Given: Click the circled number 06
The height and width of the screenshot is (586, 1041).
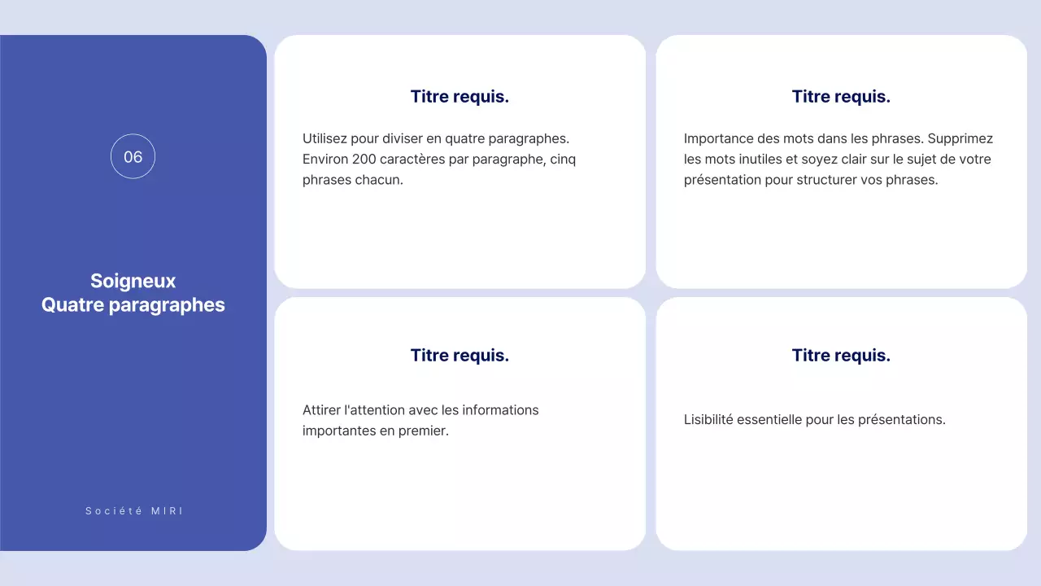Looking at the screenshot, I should pos(133,156).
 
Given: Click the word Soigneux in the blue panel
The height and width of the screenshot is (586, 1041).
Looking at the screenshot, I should pos(133,281).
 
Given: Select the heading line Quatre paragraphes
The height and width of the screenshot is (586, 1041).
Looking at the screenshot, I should pos(133,305).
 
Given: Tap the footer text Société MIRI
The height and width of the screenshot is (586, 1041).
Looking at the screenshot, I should pos(134,511).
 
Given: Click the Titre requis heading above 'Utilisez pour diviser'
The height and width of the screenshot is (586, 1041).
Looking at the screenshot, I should pos(460,96).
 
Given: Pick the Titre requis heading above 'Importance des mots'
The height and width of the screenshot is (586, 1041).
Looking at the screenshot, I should pos(841,96).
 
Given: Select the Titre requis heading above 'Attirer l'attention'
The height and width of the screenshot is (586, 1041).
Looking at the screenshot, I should pos(460,355).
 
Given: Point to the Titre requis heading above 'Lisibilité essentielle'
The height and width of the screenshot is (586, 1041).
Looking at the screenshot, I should pos(841,355).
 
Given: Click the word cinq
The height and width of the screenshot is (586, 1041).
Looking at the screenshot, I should pos(563,160).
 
